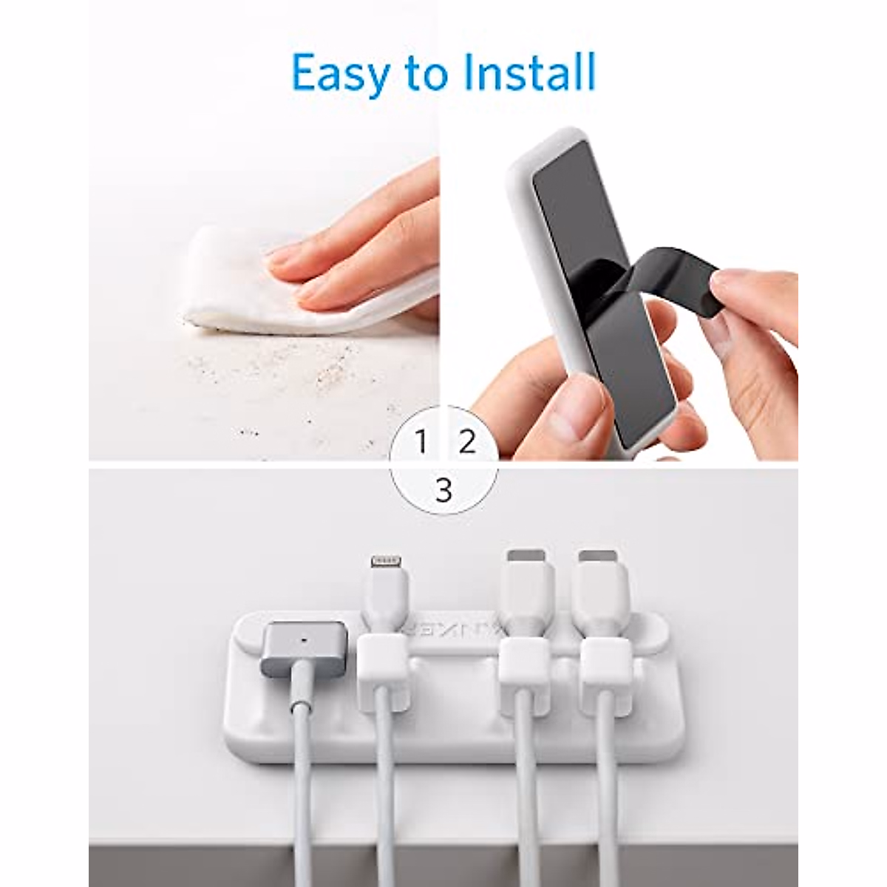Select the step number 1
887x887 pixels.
pyautogui.click(x=421, y=443)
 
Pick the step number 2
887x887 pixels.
pyautogui.click(x=466, y=443)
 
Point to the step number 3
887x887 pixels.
pyautogui.click(x=443, y=489)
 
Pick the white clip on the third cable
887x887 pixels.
pyautogui.click(x=523, y=674)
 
